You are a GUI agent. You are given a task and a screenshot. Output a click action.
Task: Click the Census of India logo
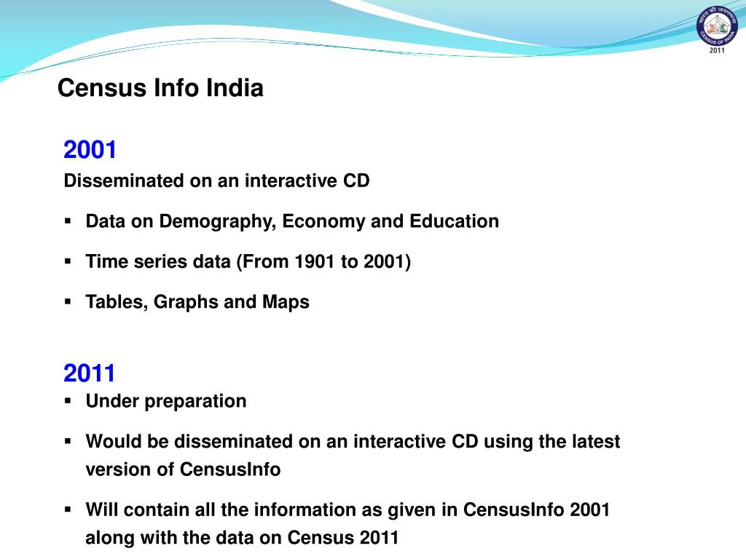coord(717,31)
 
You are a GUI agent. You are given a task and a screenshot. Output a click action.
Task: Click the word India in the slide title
coord(235,88)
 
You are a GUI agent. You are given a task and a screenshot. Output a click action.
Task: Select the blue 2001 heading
coord(90,150)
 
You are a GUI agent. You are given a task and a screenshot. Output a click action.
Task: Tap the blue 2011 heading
coord(90,373)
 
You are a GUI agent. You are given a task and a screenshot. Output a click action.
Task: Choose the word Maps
coord(286,301)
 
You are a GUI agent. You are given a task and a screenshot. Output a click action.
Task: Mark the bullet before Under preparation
coord(68,400)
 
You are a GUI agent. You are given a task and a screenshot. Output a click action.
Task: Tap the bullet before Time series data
coord(68,261)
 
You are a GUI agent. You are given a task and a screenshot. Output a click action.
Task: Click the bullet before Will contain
coord(68,509)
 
